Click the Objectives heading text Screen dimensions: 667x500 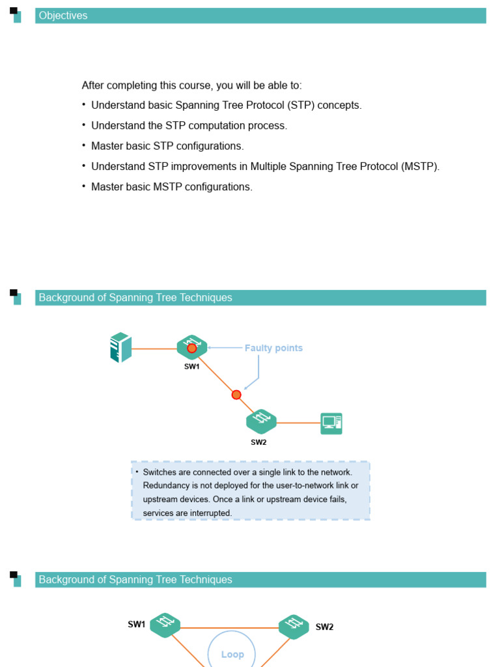[63, 16]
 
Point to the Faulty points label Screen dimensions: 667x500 [273, 348]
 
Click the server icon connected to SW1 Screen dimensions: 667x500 [121, 348]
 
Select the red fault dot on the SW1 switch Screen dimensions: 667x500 [192, 348]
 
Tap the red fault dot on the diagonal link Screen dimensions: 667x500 [236, 395]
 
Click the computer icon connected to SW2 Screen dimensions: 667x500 [331, 423]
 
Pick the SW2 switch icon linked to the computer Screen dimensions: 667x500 [261, 421]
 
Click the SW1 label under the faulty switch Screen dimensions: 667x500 [191, 367]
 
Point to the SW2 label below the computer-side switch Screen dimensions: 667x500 [258, 442]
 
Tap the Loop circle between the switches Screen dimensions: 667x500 [232, 653]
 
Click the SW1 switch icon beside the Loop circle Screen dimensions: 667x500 [165, 625]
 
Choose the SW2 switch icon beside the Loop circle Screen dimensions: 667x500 [294, 627]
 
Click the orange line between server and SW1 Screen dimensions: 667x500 [154, 348]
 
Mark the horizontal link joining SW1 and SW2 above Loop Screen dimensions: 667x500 [229, 628]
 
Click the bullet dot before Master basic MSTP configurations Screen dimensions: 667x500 [84, 186]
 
